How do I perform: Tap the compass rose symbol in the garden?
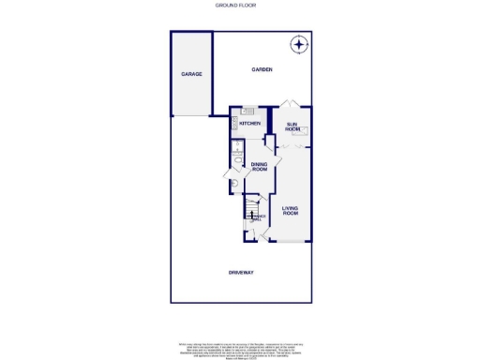coord(298,43)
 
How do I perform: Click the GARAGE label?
coord(191,74)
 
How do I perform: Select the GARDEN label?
coord(261,70)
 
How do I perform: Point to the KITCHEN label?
coord(249,124)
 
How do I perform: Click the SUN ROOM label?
coord(292,125)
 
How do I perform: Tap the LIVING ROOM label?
coord(290,210)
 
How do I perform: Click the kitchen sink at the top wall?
coord(249,112)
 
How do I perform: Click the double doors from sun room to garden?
coord(292,102)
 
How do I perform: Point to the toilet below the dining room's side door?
coord(232,185)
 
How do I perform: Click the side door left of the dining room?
coord(228,174)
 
